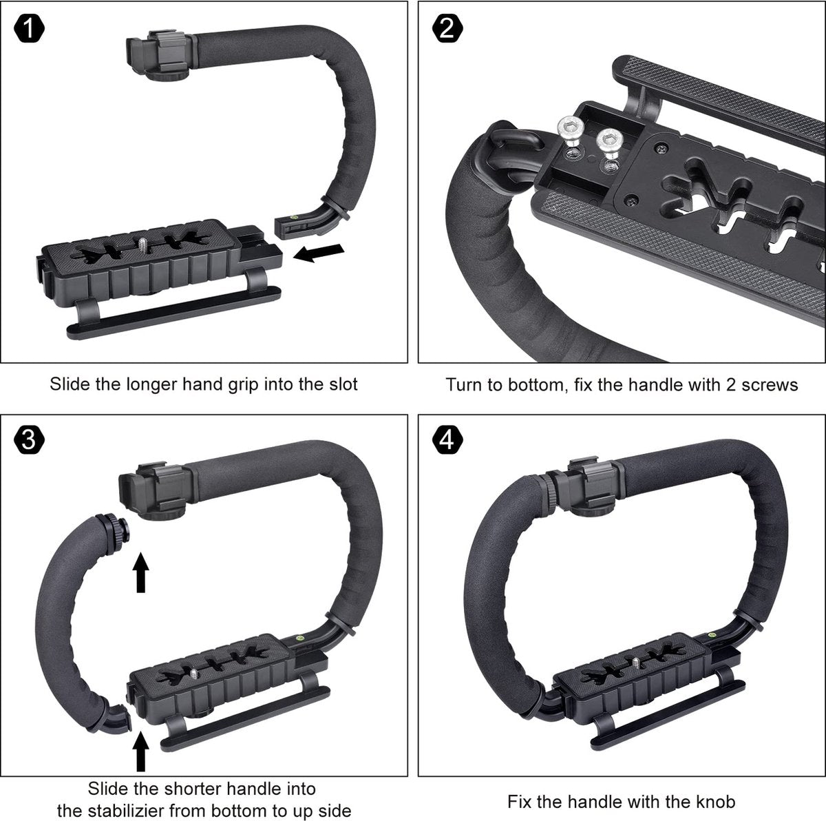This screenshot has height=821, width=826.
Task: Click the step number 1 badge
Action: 29,29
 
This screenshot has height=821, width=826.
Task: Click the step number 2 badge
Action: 447,29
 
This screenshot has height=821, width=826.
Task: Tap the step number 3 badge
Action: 29,440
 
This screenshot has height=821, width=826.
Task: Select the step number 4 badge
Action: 447,440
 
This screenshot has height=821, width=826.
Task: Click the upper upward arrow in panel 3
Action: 140,572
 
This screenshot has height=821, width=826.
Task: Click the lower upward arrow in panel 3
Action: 140,752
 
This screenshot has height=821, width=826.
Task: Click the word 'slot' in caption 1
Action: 342,384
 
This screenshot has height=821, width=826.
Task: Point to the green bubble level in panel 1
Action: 295,217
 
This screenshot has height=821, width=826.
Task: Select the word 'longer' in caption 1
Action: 153,385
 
